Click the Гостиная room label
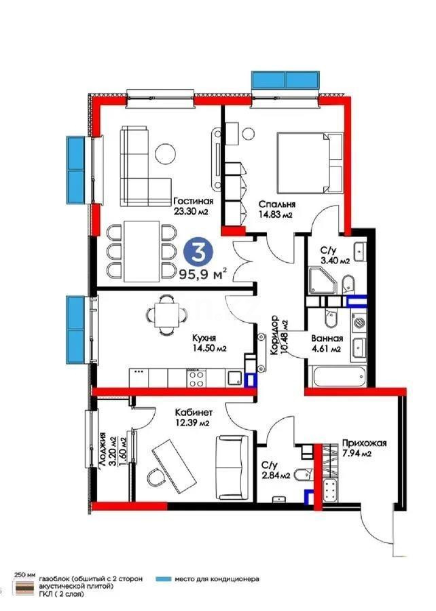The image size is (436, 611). tap(194, 202)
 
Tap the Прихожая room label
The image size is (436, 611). tap(365, 443)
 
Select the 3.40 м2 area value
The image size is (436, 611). tap(335, 260)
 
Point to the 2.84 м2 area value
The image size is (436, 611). tap(276, 475)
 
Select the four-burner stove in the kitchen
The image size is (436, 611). tap(197, 378)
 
